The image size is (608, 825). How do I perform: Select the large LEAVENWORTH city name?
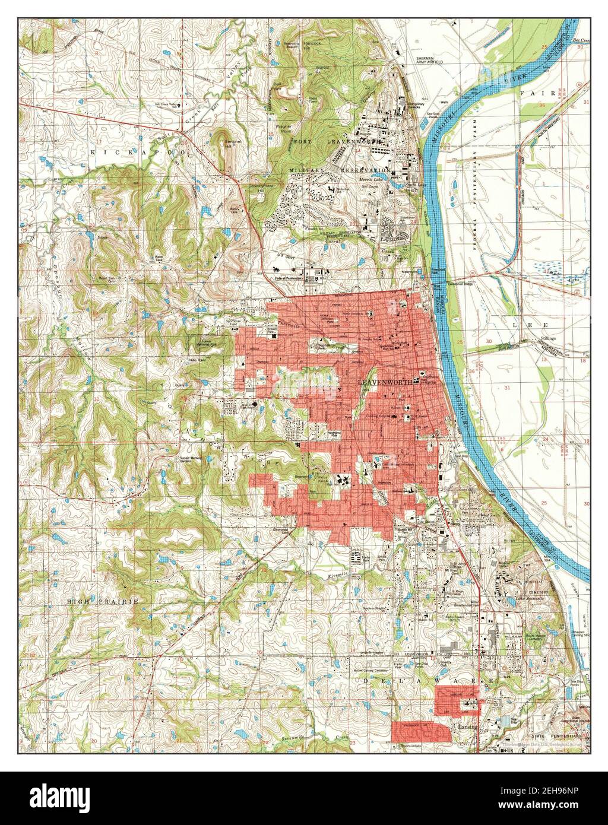(x=389, y=383)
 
